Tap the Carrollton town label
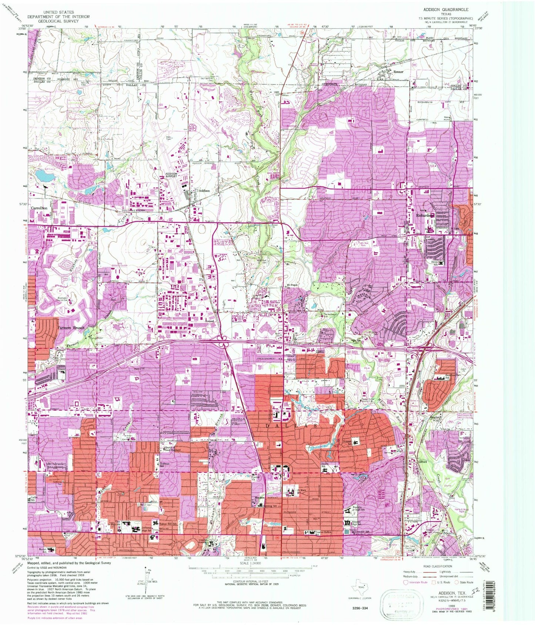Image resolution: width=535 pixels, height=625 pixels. [x=39, y=208]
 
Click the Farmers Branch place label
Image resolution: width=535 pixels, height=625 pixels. [x=71, y=328]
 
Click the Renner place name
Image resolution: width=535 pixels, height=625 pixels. [x=398, y=72]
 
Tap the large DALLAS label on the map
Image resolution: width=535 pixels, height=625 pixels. [x=292, y=426]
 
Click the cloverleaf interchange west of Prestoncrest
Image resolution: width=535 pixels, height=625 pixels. [x=223, y=345]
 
